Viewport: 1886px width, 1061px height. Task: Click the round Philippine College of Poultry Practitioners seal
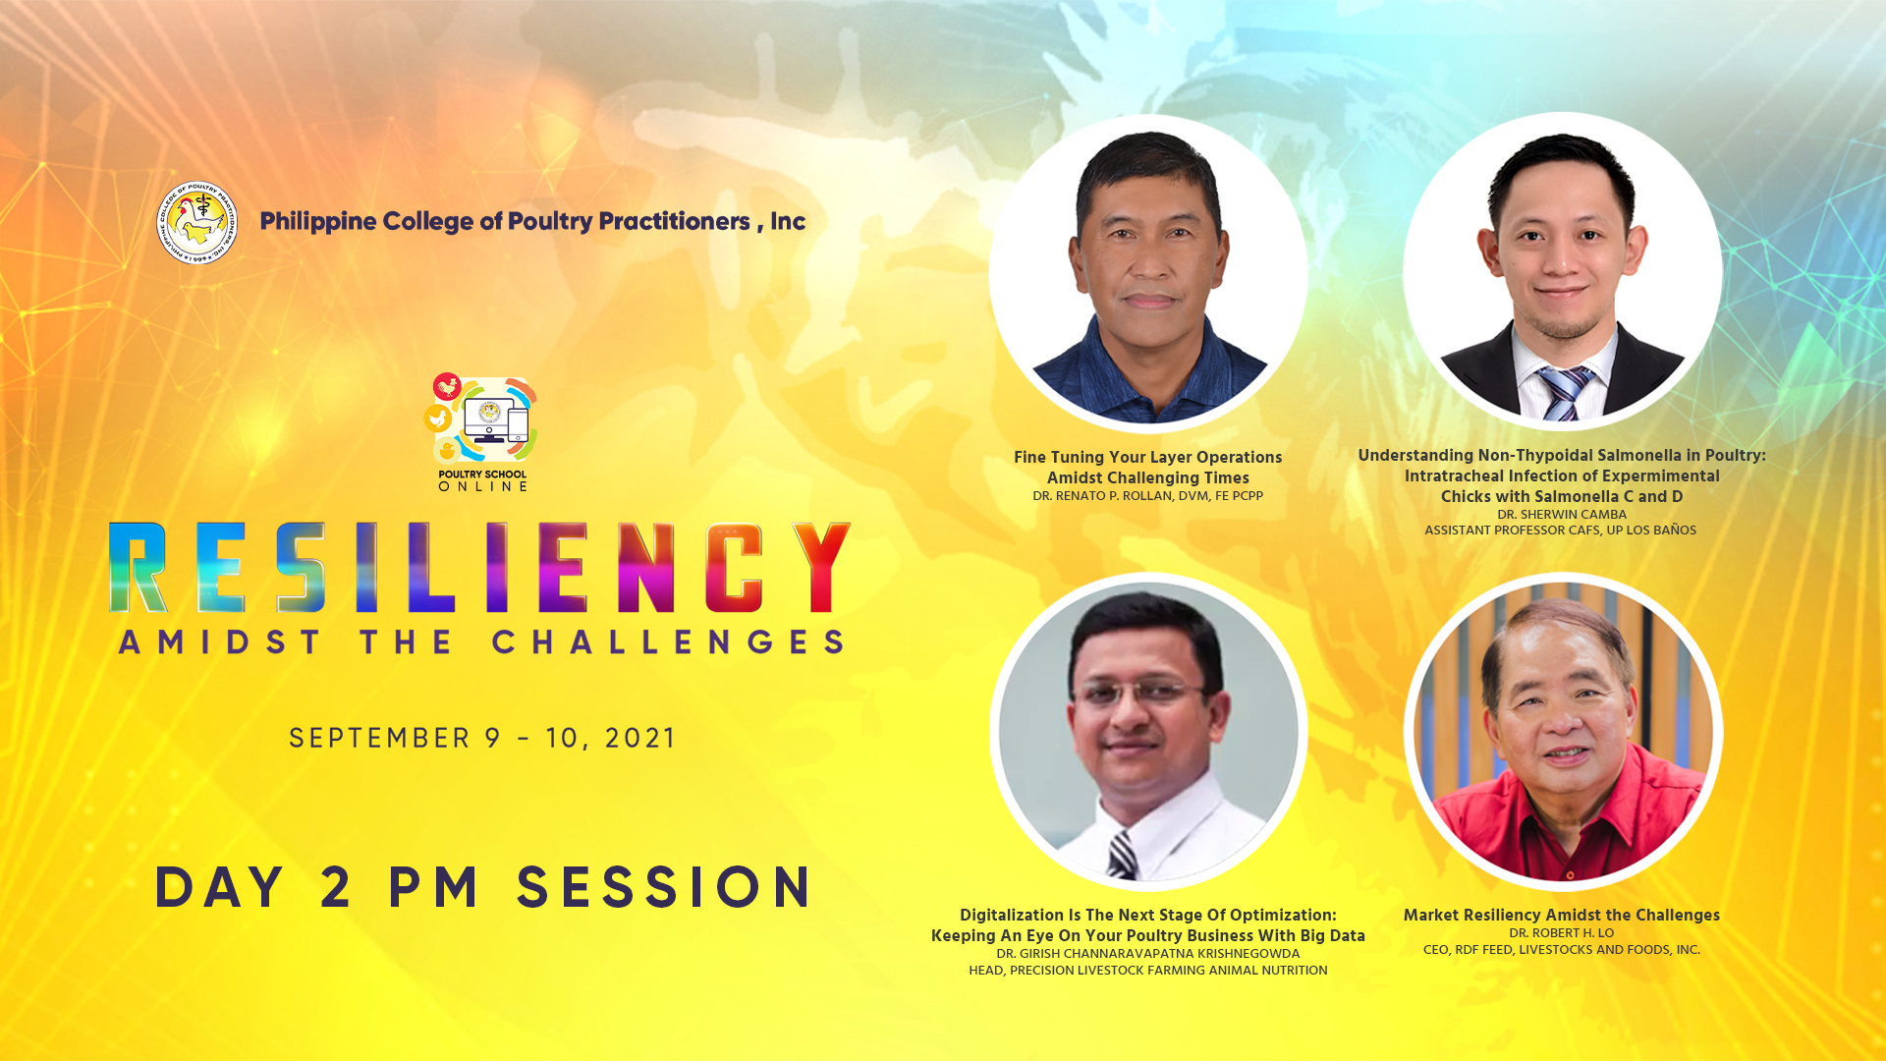196,222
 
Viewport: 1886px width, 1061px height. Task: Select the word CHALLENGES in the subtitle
669,642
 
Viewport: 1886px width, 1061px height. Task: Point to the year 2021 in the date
639,738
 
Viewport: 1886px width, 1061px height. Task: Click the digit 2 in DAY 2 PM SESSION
336,887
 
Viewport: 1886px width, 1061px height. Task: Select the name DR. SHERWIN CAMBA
1562,515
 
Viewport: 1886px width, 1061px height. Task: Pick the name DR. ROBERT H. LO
1562,933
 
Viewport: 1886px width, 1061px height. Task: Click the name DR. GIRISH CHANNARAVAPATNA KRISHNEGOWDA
1147,954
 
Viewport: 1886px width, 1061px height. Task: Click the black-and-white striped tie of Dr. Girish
1122,855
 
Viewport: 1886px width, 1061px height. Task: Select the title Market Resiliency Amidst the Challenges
1562,915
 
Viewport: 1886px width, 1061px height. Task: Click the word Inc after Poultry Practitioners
788,221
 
